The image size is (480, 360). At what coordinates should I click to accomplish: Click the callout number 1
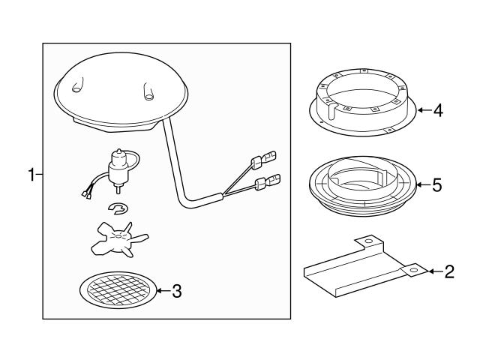(x=31, y=175)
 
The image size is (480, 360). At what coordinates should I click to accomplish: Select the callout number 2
(x=449, y=271)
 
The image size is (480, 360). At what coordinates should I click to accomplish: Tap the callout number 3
(x=177, y=291)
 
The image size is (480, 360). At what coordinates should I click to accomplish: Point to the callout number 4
(x=438, y=110)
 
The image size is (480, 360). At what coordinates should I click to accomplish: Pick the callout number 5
(x=437, y=185)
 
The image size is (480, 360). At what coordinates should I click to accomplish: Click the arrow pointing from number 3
(x=163, y=290)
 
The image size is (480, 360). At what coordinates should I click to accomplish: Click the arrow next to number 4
(x=424, y=110)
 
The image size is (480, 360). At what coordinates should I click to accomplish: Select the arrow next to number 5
(x=423, y=184)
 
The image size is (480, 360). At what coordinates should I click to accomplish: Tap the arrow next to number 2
(x=435, y=271)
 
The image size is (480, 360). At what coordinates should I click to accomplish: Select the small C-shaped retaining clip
(x=118, y=208)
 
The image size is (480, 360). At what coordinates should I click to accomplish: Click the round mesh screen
(x=118, y=290)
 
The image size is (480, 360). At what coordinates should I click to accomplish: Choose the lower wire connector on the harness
(x=267, y=182)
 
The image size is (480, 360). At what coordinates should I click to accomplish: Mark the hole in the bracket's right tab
(x=414, y=270)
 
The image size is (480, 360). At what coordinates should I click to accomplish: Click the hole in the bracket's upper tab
(x=368, y=241)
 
